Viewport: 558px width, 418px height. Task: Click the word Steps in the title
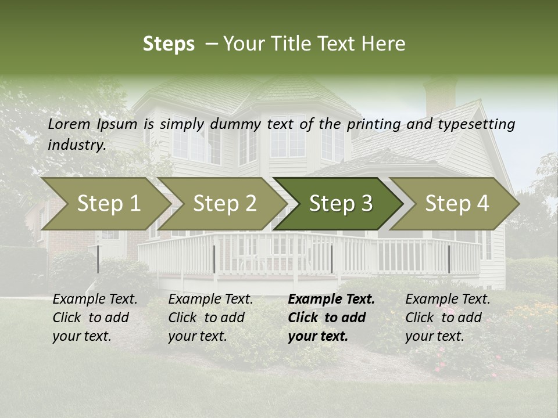169,44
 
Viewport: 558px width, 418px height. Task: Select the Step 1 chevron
108,204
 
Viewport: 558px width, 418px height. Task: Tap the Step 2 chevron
224,204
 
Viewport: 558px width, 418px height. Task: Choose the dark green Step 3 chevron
341,204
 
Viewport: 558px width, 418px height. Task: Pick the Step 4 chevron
457,204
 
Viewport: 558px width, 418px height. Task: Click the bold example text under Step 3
331,318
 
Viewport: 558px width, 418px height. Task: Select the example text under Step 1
95,318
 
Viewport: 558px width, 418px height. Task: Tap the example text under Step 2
210,318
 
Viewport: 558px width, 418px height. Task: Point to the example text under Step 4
448,318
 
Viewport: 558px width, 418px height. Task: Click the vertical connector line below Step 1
98,259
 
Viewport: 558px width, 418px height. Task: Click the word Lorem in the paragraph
69,124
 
